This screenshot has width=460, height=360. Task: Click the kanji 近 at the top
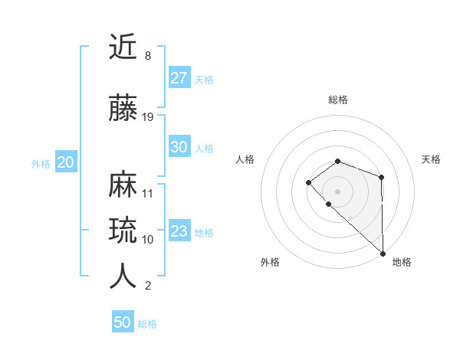coord(123,48)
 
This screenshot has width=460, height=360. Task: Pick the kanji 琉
coord(123,231)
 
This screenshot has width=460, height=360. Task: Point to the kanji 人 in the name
coord(123,277)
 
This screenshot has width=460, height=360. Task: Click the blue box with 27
coord(179,78)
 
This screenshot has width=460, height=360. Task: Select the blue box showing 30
coord(179,147)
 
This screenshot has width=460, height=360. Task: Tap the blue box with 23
coord(179,231)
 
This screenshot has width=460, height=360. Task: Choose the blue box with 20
coord(65,162)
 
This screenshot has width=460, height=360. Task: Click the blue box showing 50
coord(123,322)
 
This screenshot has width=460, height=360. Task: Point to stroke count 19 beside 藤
coord(148,117)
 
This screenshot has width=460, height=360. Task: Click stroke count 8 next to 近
coord(147,56)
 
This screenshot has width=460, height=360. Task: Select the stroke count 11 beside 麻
coord(148,193)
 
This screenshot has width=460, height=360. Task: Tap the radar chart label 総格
coord(338,100)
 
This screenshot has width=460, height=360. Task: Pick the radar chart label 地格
coord(402,262)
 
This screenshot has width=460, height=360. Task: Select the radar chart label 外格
coord(270,262)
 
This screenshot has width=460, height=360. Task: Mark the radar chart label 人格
coord(245,159)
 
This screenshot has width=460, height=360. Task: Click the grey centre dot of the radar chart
coord(338,191)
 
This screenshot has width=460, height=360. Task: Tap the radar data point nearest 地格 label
coord(383,253)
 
